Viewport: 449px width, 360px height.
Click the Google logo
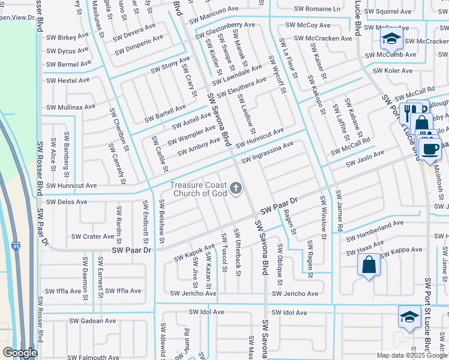click(x=19, y=353)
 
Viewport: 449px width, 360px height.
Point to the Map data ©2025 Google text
click(x=412, y=355)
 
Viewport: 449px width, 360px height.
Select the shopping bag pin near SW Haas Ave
click(x=369, y=265)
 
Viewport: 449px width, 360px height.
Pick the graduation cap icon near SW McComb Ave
click(x=391, y=41)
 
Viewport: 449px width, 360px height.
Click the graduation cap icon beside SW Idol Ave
click(x=409, y=317)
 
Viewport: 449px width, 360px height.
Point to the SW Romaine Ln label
click(x=317, y=9)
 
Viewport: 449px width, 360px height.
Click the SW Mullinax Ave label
click(x=71, y=107)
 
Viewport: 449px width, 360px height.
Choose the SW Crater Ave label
click(x=90, y=236)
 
